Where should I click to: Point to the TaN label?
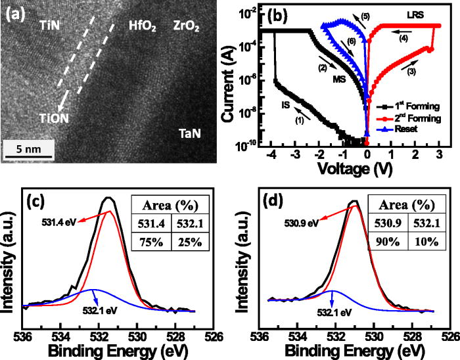[191, 134]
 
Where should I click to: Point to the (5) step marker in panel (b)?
[365, 15]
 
